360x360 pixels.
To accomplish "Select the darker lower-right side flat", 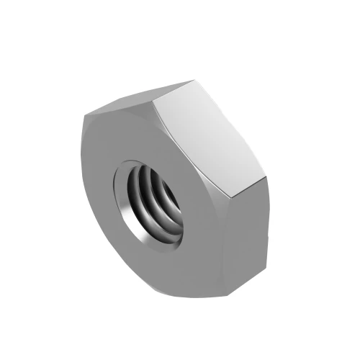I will click(248, 230).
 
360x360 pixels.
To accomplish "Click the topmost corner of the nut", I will click(193, 81).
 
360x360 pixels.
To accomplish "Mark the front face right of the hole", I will click(205, 223).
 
